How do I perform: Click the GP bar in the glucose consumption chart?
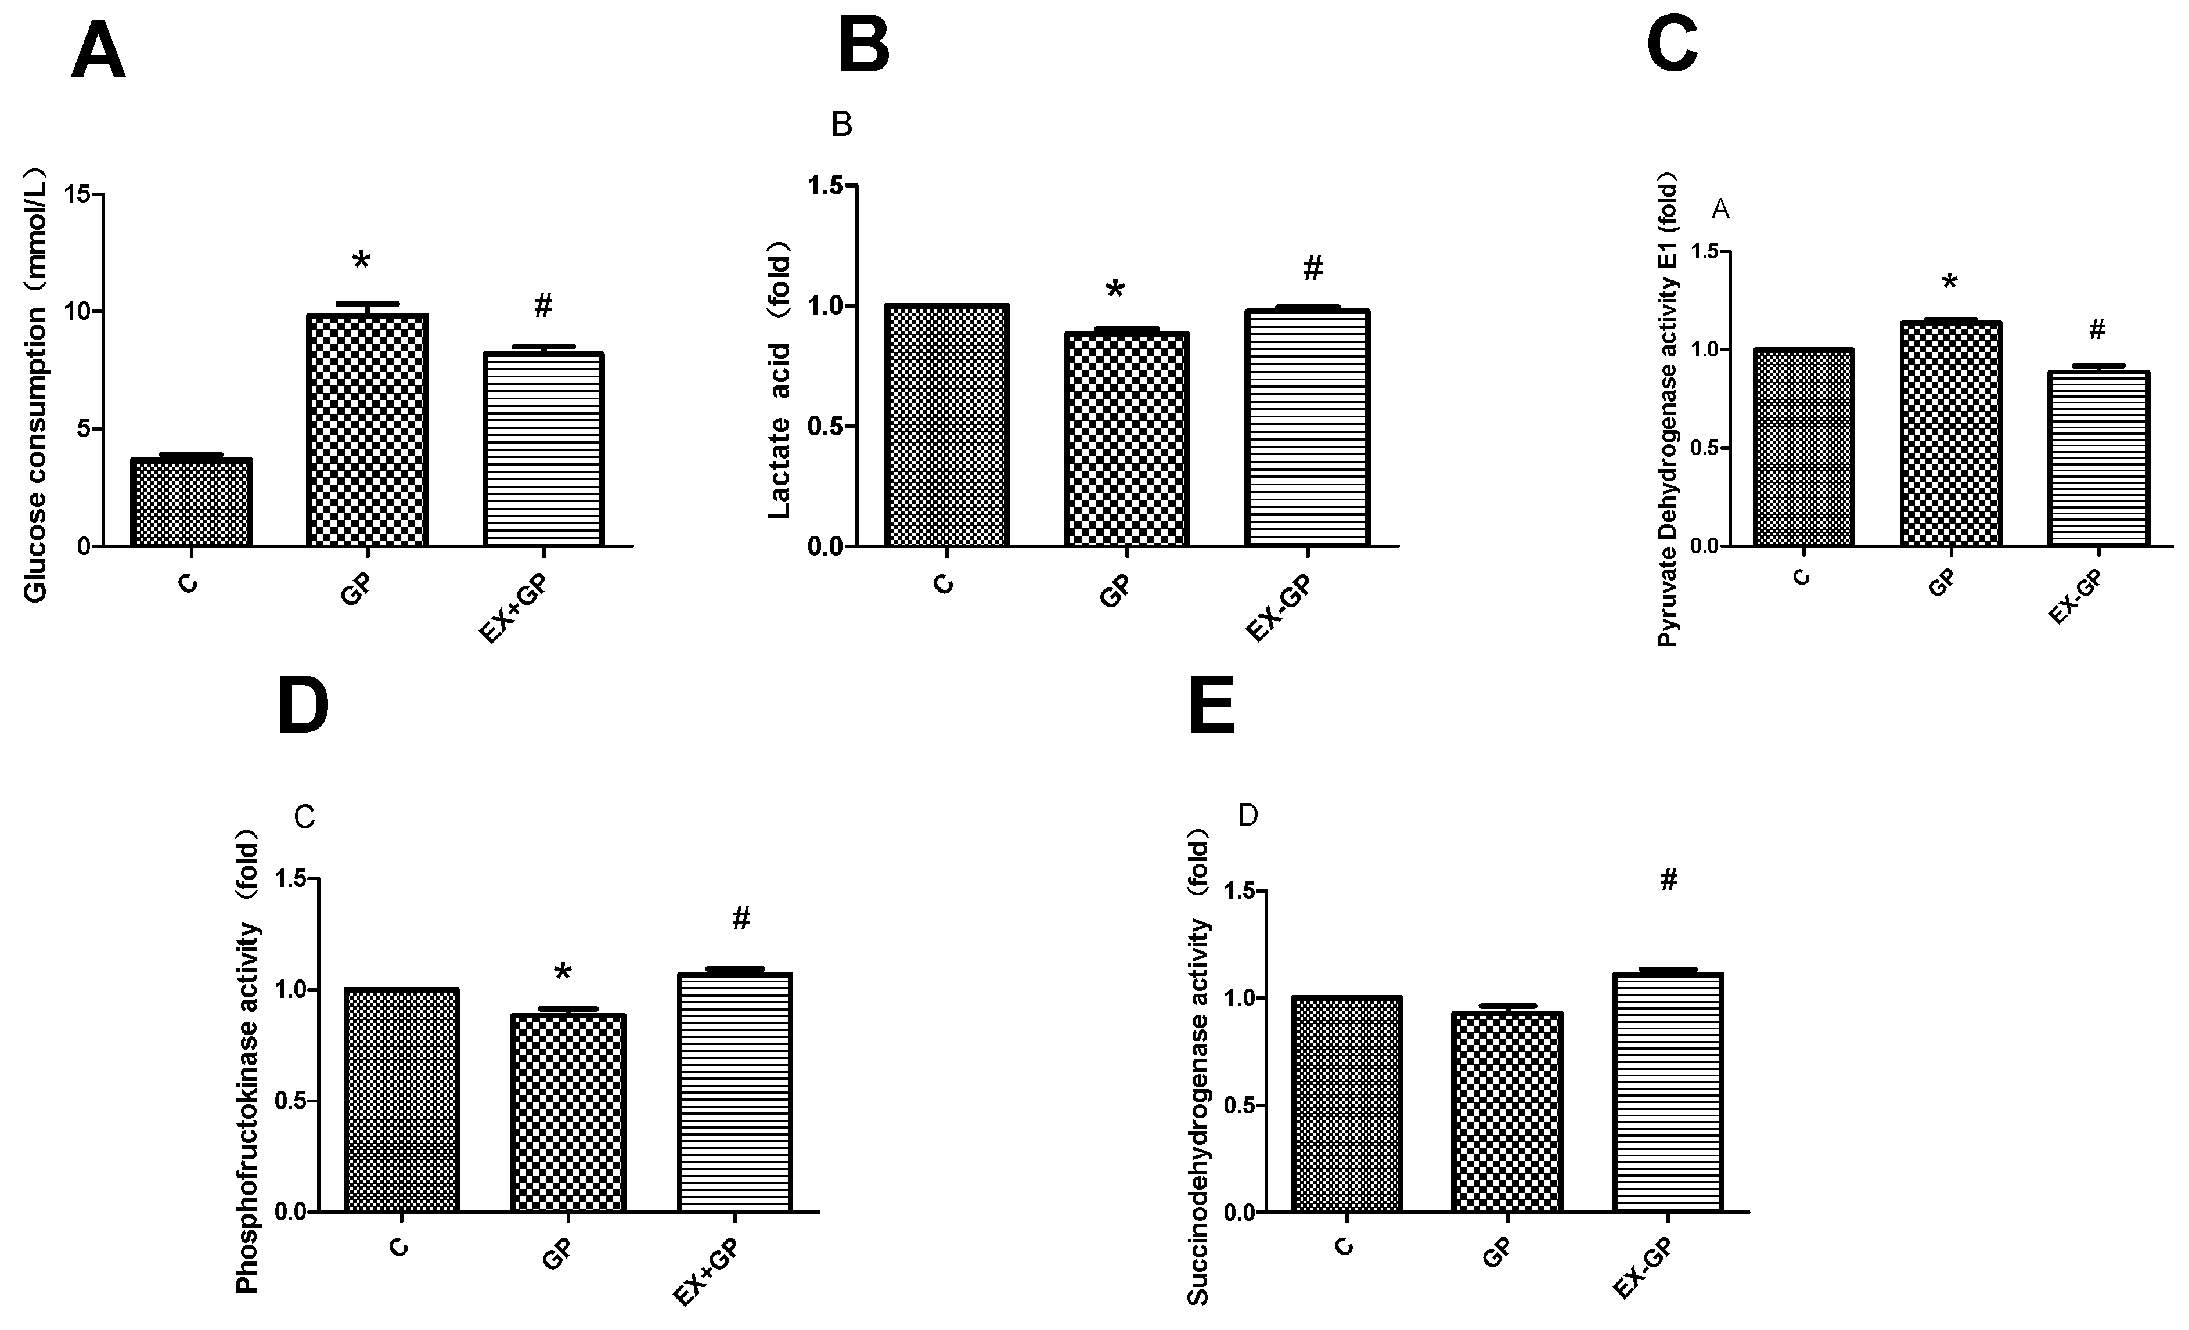pyautogui.click(x=367, y=430)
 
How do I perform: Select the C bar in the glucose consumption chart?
pyautogui.click(x=191, y=502)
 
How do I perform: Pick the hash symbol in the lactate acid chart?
pyautogui.click(x=1313, y=268)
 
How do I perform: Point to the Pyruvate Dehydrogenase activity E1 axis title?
pyautogui.click(x=1668, y=413)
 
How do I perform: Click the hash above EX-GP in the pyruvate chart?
pyautogui.click(x=2097, y=330)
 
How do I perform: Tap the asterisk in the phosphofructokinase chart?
pyautogui.click(x=563, y=973)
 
